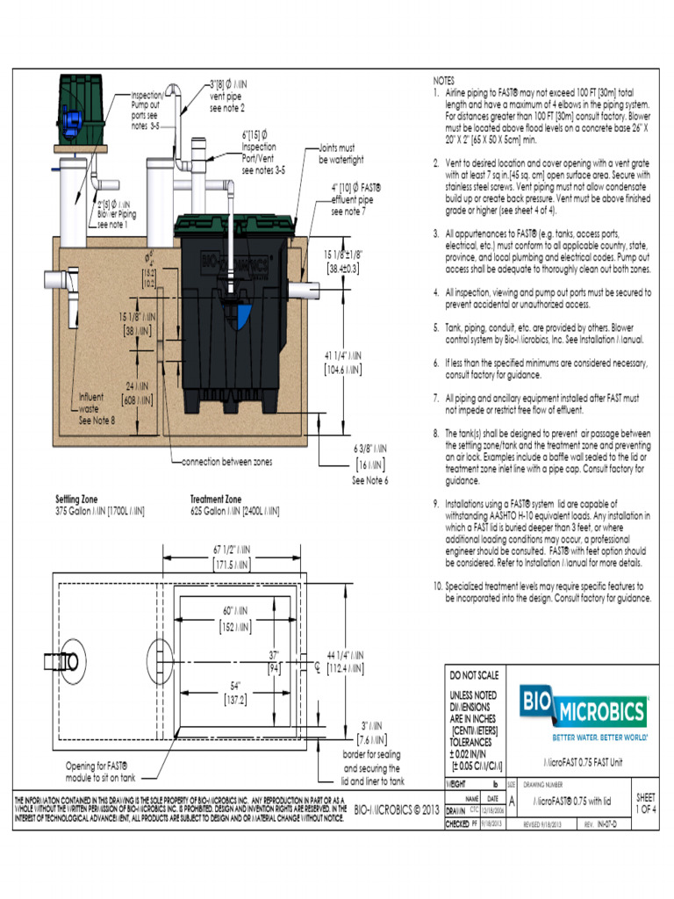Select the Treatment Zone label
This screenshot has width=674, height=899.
215,500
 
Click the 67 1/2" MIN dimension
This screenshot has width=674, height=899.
231,556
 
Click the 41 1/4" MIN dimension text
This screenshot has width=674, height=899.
343,363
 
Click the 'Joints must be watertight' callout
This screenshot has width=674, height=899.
341,155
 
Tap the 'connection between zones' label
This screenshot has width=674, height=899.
227,461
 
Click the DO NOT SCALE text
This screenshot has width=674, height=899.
474,676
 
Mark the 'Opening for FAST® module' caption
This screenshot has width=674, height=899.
101,771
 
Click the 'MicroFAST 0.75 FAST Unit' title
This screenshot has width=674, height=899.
578,762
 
